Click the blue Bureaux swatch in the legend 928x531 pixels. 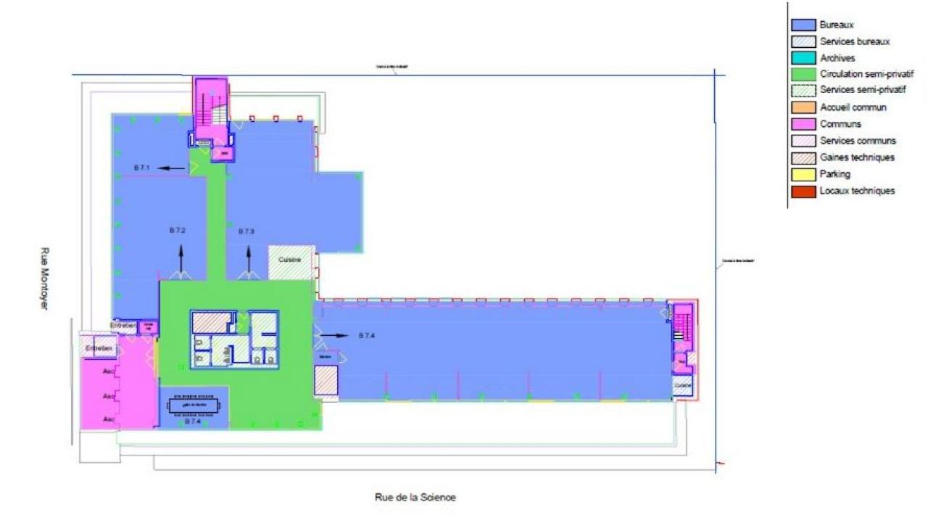click(x=802, y=25)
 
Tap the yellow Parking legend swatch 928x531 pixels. click(x=802, y=174)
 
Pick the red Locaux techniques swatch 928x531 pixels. click(x=802, y=191)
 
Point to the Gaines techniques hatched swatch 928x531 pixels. click(x=802, y=157)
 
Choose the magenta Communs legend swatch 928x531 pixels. click(x=802, y=124)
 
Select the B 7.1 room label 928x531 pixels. click(x=141, y=168)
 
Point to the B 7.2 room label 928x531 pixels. click(x=178, y=230)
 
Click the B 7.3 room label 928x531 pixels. click(x=246, y=231)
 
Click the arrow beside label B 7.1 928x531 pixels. click(x=171, y=168)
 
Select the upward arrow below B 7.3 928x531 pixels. click(x=249, y=259)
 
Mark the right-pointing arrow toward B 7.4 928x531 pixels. click(x=336, y=336)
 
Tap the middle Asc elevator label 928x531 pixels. click(x=109, y=396)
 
